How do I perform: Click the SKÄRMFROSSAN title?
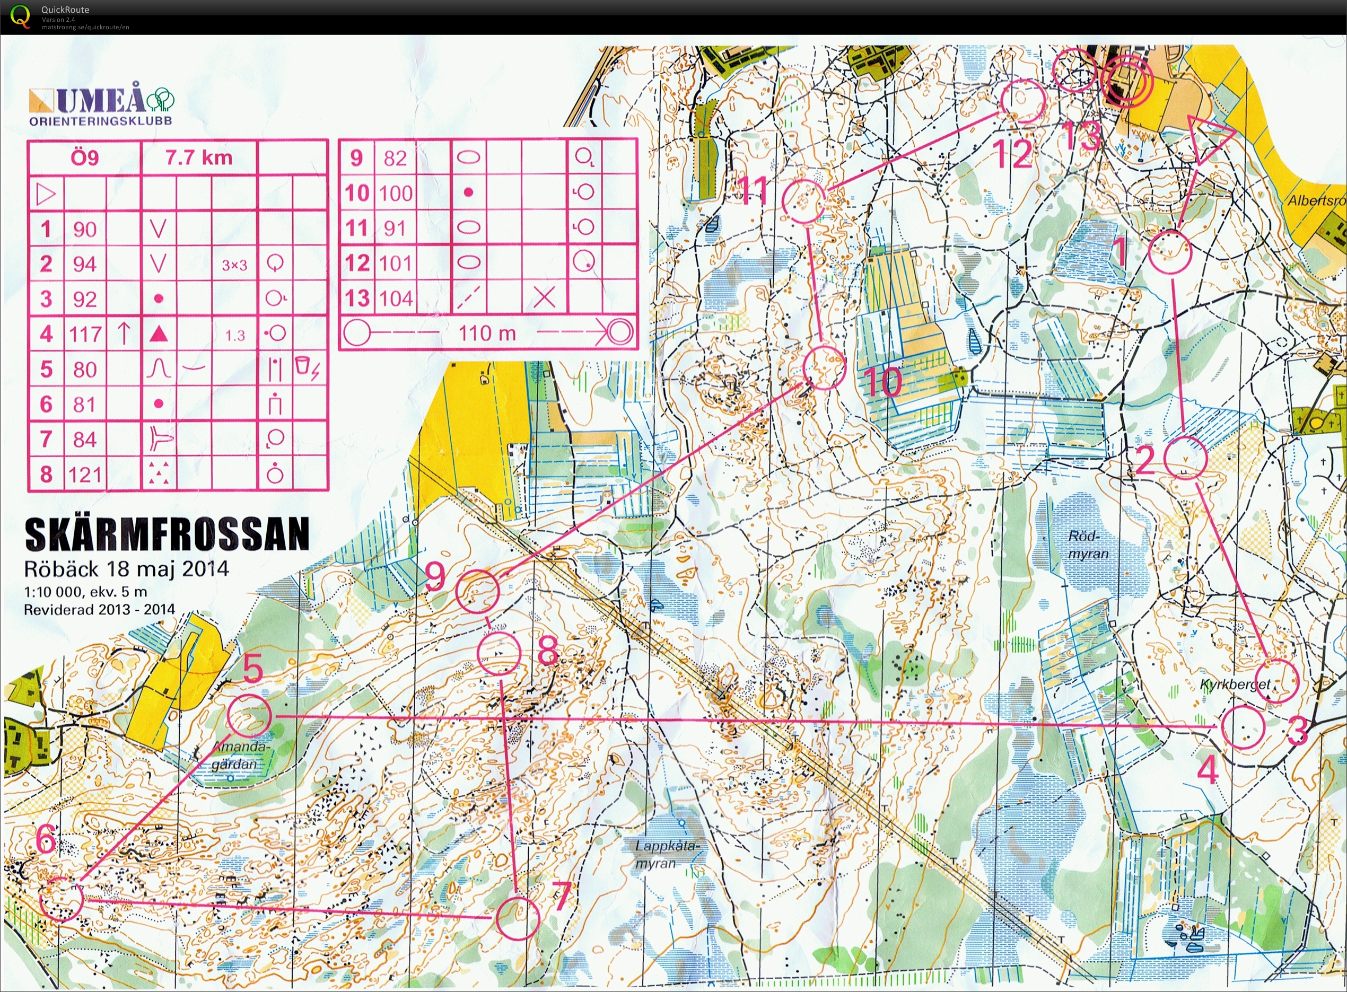pyautogui.click(x=167, y=534)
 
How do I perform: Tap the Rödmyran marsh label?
pyautogui.click(x=1088, y=545)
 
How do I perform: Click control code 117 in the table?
pyautogui.click(x=85, y=334)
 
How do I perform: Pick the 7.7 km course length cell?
pyautogui.click(x=199, y=157)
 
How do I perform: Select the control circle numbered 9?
pyautogui.click(x=477, y=592)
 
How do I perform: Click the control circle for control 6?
pyautogui.click(x=62, y=899)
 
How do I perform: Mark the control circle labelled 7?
pyautogui.click(x=518, y=918)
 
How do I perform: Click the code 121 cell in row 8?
pyautogui.click(x=85, y=475)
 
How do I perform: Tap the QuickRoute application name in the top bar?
pyautogui.click(x=65, y=10)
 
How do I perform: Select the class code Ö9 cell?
pyautogui.click(x=85, y=157)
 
